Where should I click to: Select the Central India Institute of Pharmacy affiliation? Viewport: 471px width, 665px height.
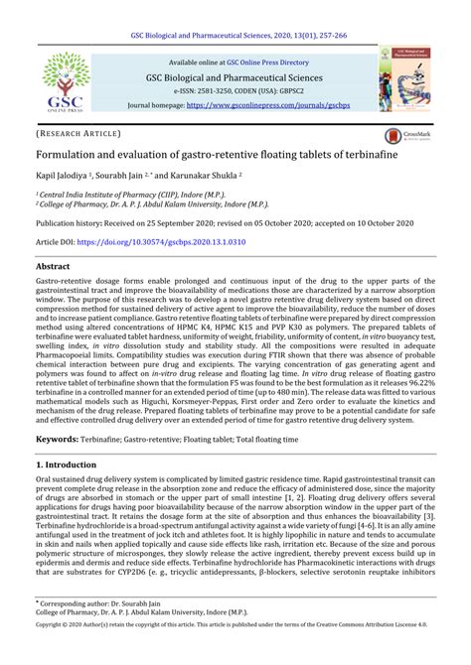[x=129, y=197]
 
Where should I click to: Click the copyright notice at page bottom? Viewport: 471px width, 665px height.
[x=235, y=652]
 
